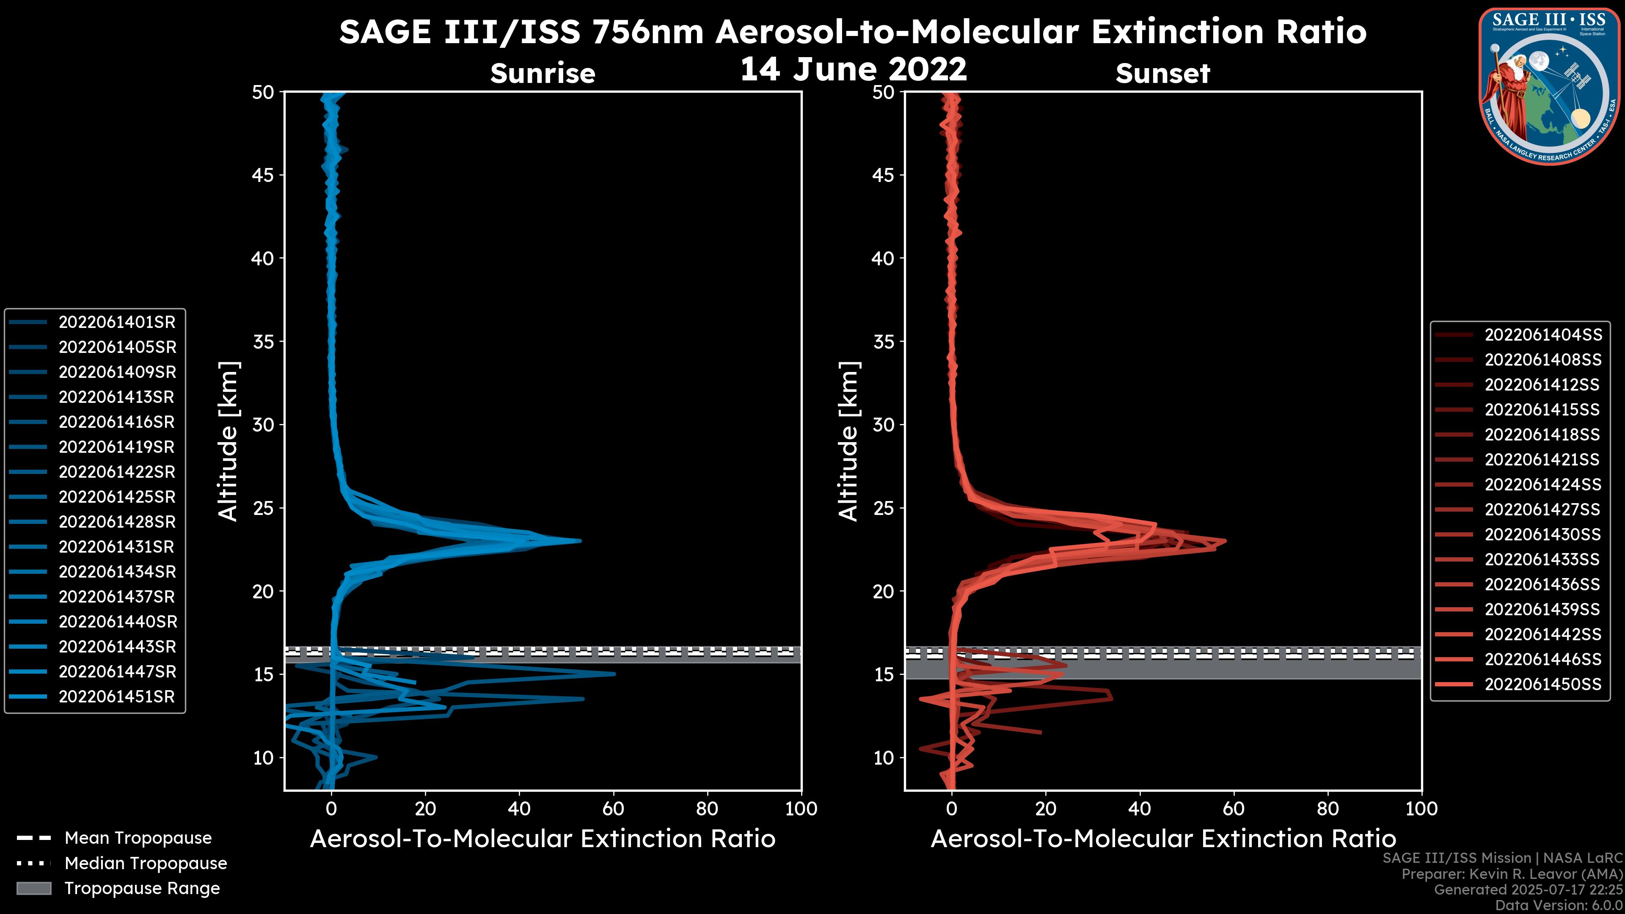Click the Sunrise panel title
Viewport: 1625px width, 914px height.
click(x=543, y=73)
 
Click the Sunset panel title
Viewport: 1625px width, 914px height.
click(x=1162, y=73)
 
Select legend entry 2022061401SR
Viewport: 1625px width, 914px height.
click(x=117, y=322)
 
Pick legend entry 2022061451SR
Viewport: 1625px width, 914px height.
click(x=117, y=697)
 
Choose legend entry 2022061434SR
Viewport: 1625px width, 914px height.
click(x=117, y=572)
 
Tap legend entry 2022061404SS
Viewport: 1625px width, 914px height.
click(x=1542, y=335)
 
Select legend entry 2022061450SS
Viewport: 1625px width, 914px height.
click(x=1542, y=684)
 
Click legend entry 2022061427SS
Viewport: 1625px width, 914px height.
click(x=1542, y=509)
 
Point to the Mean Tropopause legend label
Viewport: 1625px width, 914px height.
click(x=138, y=838)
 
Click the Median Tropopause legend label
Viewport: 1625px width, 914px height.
click(x=146, y=864)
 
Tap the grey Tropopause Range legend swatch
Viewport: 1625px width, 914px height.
click(x=33, y=889)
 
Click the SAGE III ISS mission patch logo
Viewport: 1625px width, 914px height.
click(x=1549, y=85)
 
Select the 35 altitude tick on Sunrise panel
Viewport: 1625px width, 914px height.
click(x=264, y=342)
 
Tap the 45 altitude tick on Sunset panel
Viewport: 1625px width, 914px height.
click(x=884, y=175)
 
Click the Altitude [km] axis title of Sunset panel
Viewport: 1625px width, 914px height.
click(x=849, y=441)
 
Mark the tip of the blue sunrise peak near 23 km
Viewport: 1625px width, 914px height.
click(x=580, y=541)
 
